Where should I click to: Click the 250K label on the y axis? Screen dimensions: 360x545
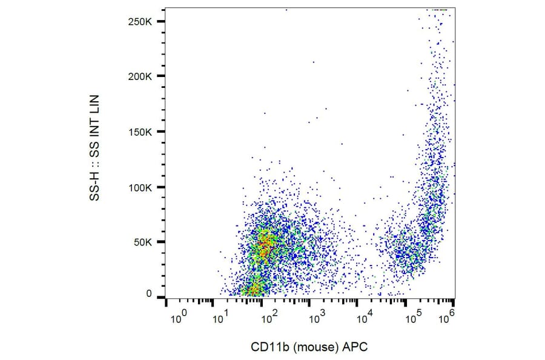pyautogui.click(x=144, y=22)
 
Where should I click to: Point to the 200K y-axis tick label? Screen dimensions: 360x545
pyautogui.click(x=144, y=77)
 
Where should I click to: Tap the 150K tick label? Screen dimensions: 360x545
pyautogui.click(x=144, y=132)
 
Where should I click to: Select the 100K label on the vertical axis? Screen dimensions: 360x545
pyautogui.click(x=144, y=187)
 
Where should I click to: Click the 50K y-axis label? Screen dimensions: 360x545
pyautogui.click(x=146, y=242)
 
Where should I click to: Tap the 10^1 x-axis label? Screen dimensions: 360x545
pyautogui.click(x=220, y=316)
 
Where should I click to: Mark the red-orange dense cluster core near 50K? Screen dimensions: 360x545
pyautogui.click(x=263, y=245)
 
